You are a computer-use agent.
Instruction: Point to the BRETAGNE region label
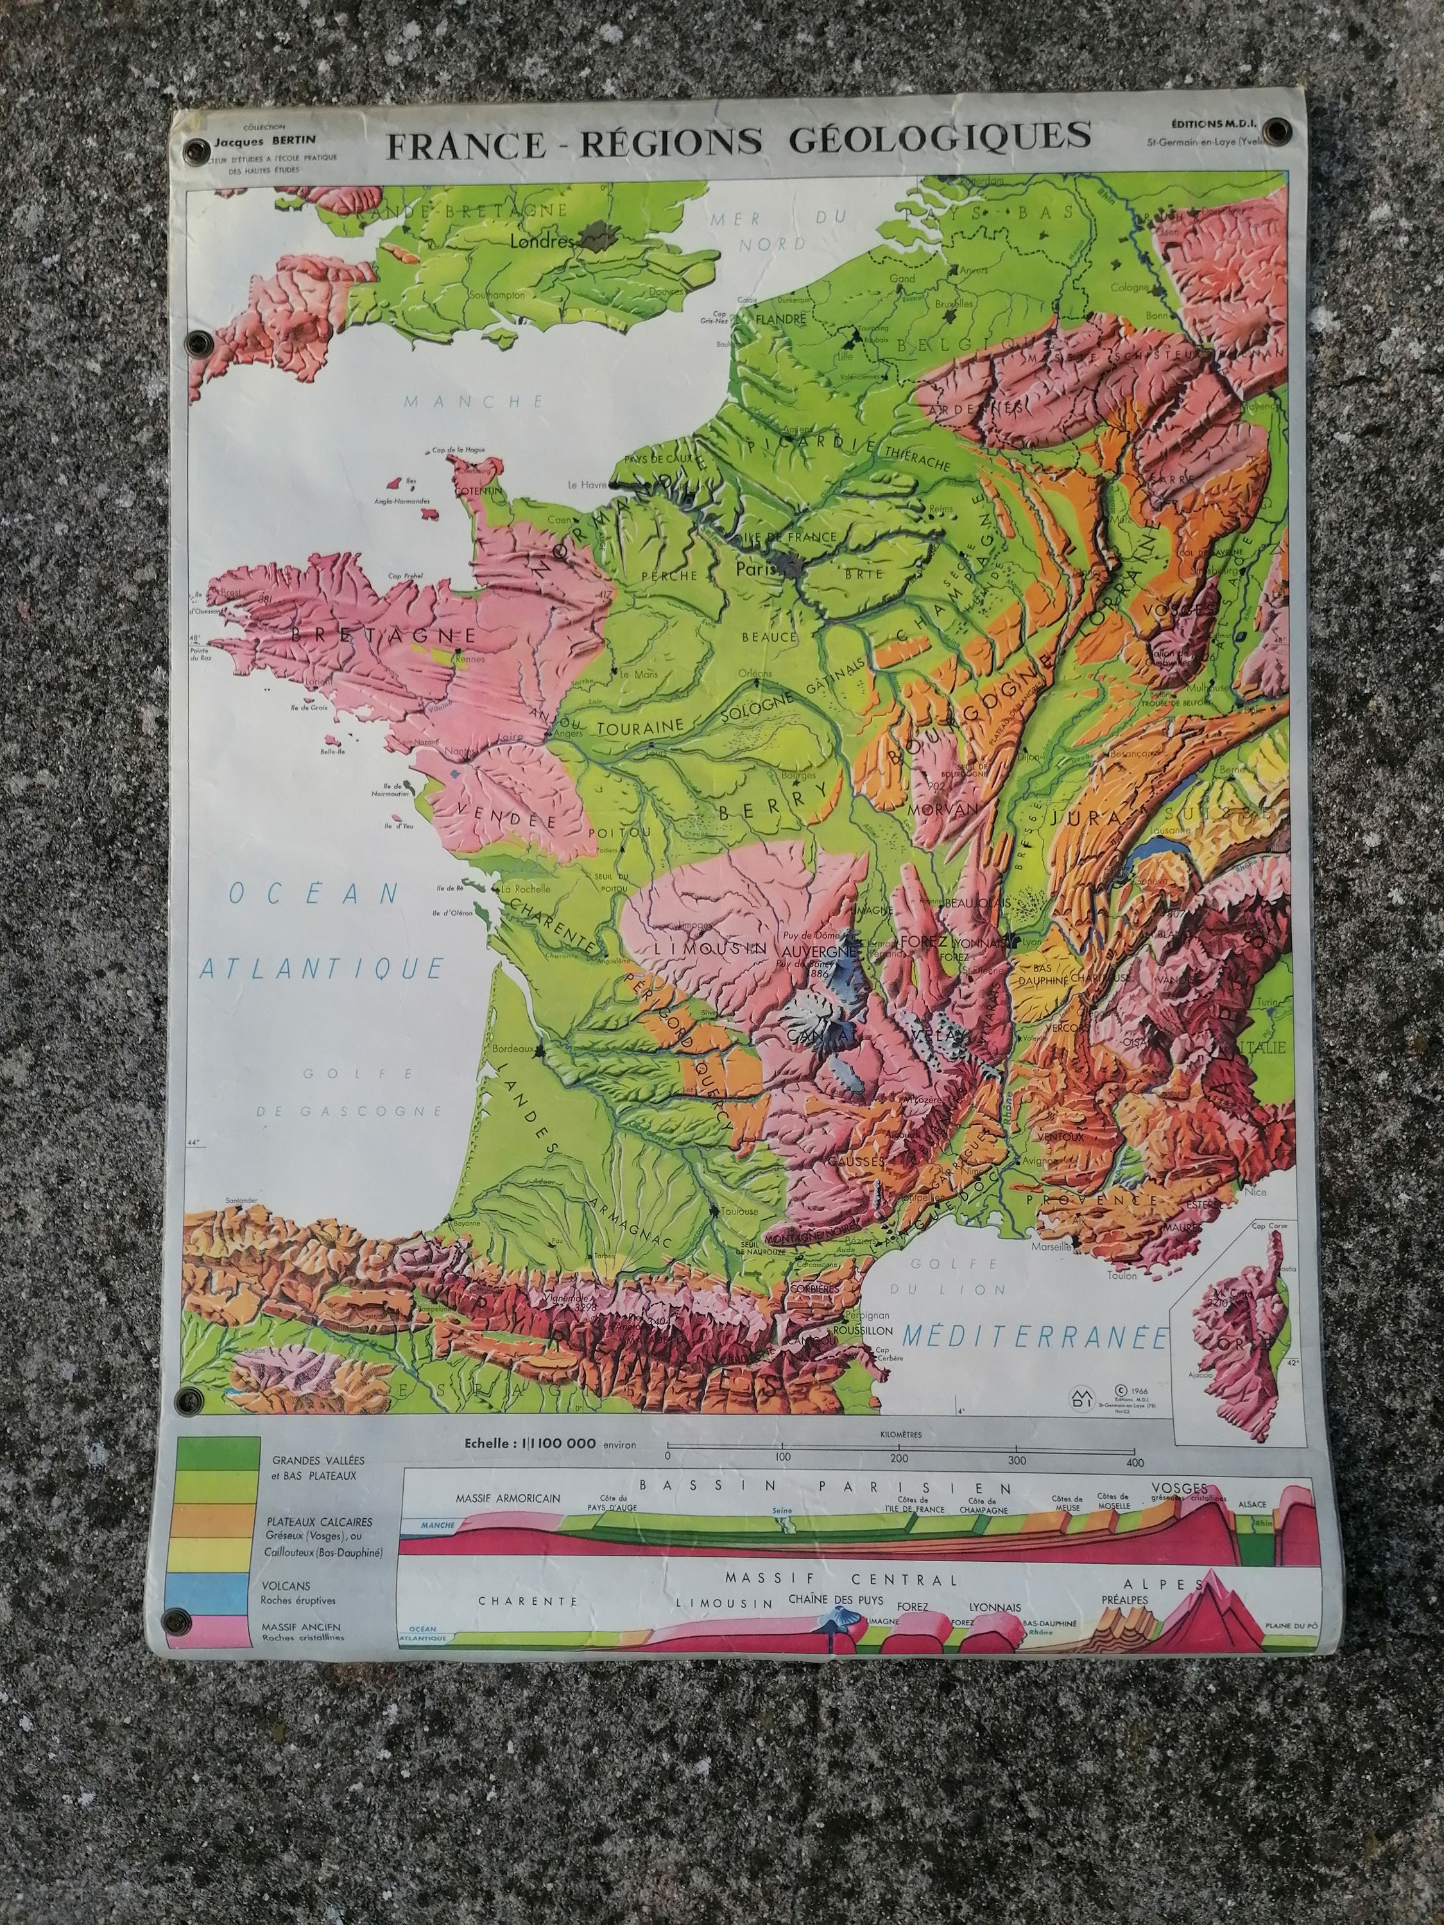pos(384,635)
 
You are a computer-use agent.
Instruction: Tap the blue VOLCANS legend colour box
pos(218,1589)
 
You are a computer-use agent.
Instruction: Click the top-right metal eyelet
pos(1278,130)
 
